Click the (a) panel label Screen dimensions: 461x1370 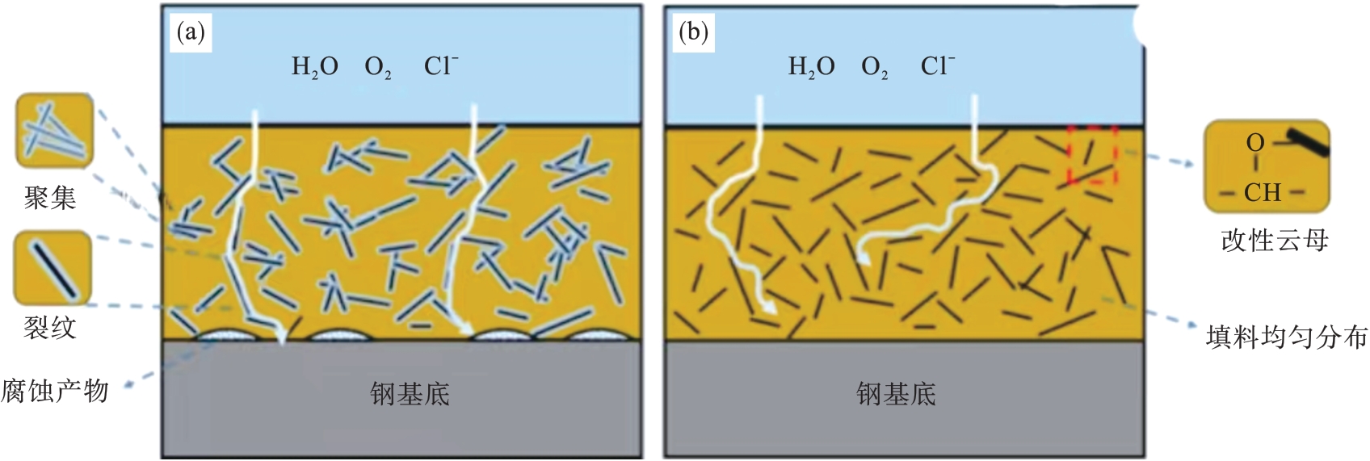point(191,32)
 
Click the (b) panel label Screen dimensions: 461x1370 point(692,32)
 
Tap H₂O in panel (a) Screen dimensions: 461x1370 point(314,66)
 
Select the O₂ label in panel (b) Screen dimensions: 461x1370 point(875,66)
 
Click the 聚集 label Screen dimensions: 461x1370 point(50,197)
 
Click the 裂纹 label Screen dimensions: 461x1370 point(50,327)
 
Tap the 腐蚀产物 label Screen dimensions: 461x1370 point(55,391)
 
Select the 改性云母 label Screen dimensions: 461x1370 point(1274,240)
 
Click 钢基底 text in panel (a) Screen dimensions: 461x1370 point(410,394)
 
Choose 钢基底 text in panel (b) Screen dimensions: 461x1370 point(896,394)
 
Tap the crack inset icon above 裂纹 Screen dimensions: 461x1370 point(53,268)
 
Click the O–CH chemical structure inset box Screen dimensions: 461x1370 point(1267,166)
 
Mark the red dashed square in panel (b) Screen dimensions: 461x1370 point(1092,154)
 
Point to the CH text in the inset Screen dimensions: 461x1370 point(1262,192)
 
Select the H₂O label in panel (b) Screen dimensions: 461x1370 point(811,66)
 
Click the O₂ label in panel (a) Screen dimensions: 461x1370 point(378,66)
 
